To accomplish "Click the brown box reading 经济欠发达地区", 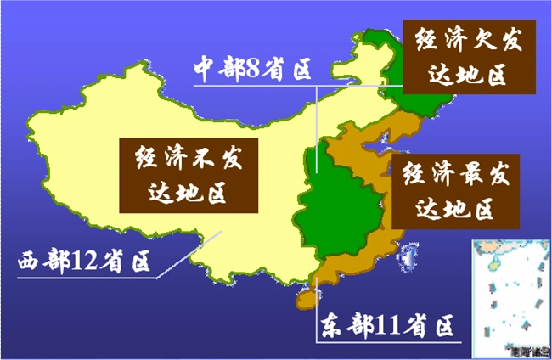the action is pos(468,56).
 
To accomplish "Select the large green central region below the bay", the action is pos(340,212).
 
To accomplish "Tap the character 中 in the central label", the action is pos(202,69).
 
